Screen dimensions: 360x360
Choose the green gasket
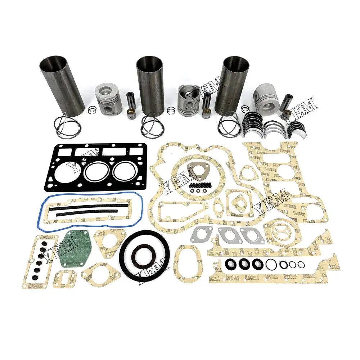click(75, 249)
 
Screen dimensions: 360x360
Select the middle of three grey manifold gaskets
click(229, 235)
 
